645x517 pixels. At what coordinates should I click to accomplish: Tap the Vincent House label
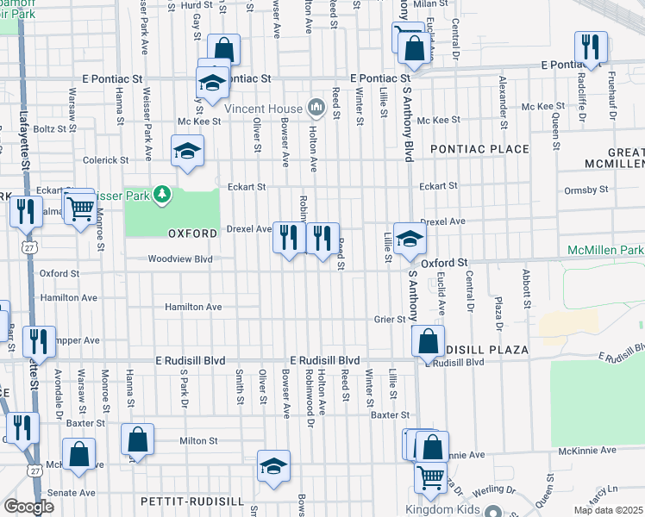tap(263, 109)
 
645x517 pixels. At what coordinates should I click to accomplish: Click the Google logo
tap(28, 507)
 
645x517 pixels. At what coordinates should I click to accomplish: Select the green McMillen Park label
tap(605, 250)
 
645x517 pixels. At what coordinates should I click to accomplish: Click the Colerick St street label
tap(105, 160)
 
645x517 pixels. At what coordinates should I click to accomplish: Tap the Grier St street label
tap(390, 319)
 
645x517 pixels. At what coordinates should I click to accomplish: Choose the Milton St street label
tap(198, 440)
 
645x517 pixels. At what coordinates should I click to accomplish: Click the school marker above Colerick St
tap(186, 151)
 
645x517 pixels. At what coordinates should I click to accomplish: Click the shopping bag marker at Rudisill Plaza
tap(428, 340)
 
